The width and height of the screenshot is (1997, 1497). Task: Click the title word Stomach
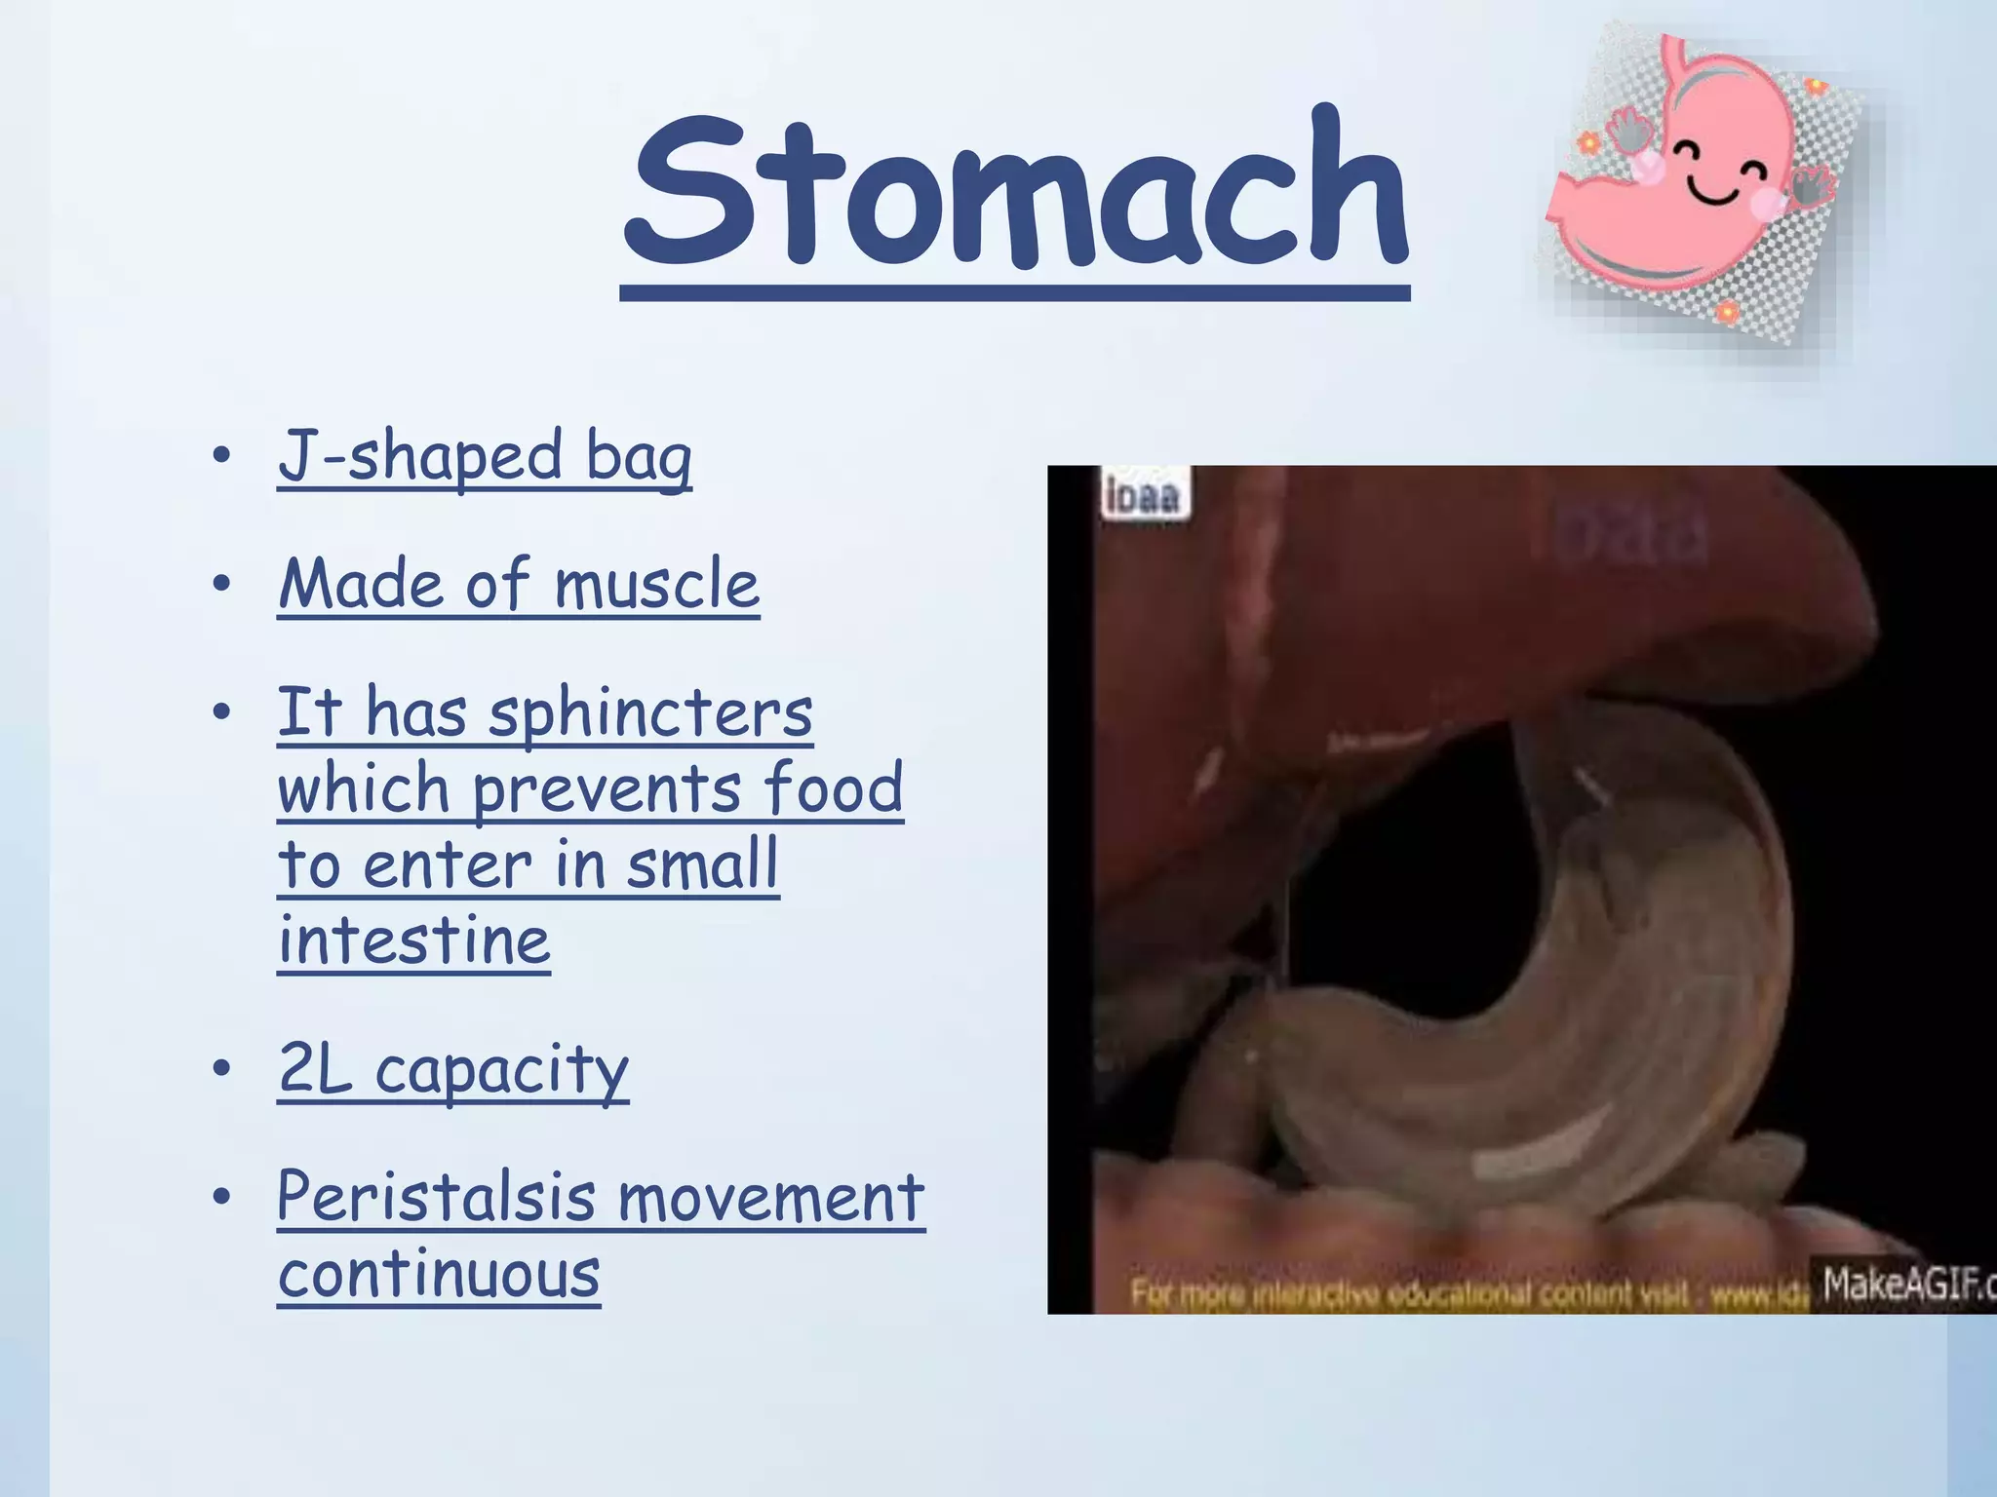pyautogui.click(x=1015, y=190)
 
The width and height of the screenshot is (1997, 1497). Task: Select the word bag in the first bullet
pyautogui.click(x=639, y=457)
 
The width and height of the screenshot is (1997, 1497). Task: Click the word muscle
pyautogui.click(x=656, y=585)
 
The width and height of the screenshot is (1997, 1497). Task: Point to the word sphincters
pyautogui.click(x=650, y=714)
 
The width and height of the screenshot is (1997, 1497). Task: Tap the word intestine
pyautogui.click(x=414, y=940)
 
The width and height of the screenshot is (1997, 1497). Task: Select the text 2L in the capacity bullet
pyautogui.click(x=314, y=1068)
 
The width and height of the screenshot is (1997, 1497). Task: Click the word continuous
pyautogui.click(x=439, y=1273)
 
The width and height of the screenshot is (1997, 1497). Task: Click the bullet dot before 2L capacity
pyautogui.click(x=222, y=1068)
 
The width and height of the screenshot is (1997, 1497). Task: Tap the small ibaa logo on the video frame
pyautogui.click(x=1142, y=495)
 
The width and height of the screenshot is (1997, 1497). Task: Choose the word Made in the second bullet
pyautogui.click(x=362, y=585)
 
